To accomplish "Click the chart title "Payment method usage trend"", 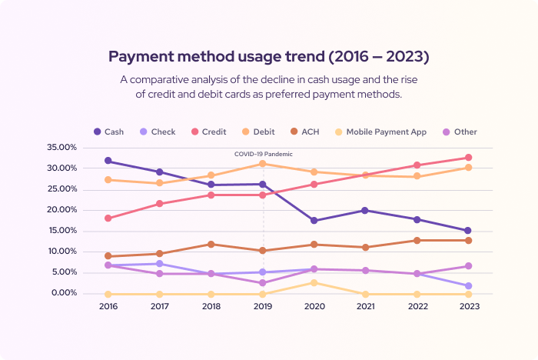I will click(268, 57).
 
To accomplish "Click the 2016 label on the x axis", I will click(108, 306).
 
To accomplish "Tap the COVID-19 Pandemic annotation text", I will click(263, 154).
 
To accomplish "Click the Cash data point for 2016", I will click(108, 161).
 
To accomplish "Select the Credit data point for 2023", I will click(468, 158).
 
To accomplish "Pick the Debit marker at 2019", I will click(263, 163).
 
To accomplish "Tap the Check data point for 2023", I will click(468, 286).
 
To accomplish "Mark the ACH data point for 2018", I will click(211, 245).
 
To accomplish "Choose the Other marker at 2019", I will click(263, 283).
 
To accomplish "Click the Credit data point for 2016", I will click(108, 218).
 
